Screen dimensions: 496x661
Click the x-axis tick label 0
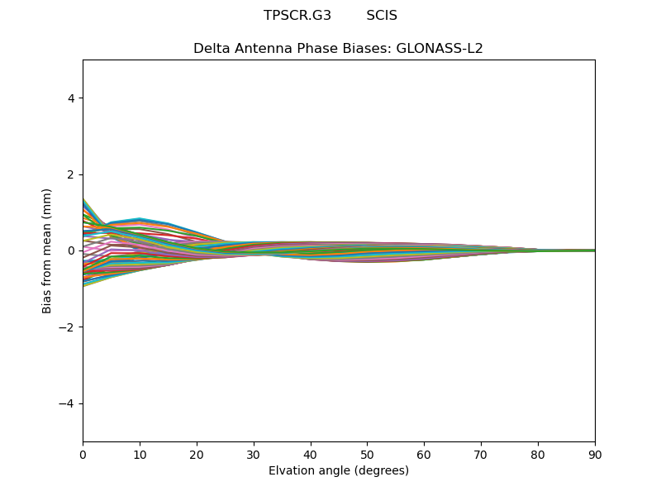pyautogui.click(x=83, y=455)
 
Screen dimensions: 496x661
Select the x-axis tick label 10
pyautogui.click(x=140, y=455)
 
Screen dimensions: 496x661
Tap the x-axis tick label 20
pyautogui.click(x=197, y=455)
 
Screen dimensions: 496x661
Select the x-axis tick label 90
pyautogui.click(x=595, y=455)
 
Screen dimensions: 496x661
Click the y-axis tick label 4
pyautogui.click(x=71, y=98)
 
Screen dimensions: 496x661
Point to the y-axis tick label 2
pyautogui.click(x=71, y=174)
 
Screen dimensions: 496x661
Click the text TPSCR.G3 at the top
pyautogui.click(x=297, y=16)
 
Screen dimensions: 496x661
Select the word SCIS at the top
pyautogui.click(x=382, y=16)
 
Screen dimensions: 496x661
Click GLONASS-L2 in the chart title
pyautogui.click(x=440, y=48)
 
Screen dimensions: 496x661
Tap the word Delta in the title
pyautogui.click(x=210, y=48)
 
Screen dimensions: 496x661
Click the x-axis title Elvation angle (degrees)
pyautogui.click(x=339, y=470)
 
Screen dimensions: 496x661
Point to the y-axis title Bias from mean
pyautogui.click(x=47, y=250)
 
